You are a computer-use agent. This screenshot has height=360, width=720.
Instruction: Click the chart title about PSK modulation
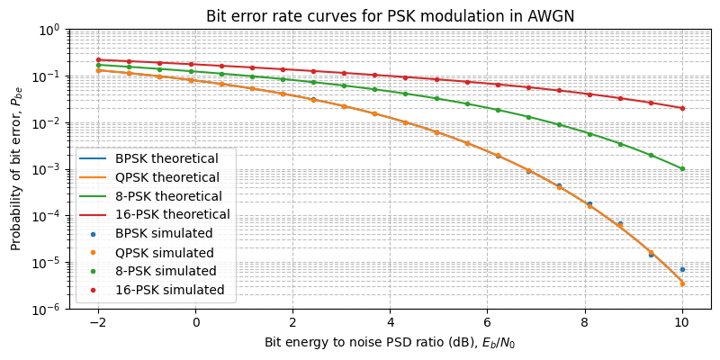[390, 16]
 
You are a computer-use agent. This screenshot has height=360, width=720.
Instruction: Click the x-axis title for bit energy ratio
[390, 343]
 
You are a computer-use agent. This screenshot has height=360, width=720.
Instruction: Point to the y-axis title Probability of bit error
[16, 169]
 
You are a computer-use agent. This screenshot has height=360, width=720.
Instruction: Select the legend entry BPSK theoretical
[166, 158]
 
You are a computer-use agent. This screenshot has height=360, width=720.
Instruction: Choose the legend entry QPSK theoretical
[167, 177]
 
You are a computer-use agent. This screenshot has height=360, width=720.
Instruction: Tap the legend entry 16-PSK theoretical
[172, 214]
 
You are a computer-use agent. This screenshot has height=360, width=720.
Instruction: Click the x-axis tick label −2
[98, 321]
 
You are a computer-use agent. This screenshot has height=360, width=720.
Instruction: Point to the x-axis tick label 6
[487, 321]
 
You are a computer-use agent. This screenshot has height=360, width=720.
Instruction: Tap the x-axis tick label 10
[682, 321]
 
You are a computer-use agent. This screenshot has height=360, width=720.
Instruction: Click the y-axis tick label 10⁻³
[47, 169]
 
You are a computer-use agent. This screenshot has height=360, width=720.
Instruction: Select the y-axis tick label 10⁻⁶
[47, 309]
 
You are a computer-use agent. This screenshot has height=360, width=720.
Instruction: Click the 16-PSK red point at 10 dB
[682, 108]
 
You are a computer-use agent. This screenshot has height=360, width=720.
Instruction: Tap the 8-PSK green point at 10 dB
[682, 168]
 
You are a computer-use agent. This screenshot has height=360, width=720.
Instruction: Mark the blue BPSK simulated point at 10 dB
[682, 269]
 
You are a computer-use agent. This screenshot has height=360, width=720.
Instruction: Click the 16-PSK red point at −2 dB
[98, 59]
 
